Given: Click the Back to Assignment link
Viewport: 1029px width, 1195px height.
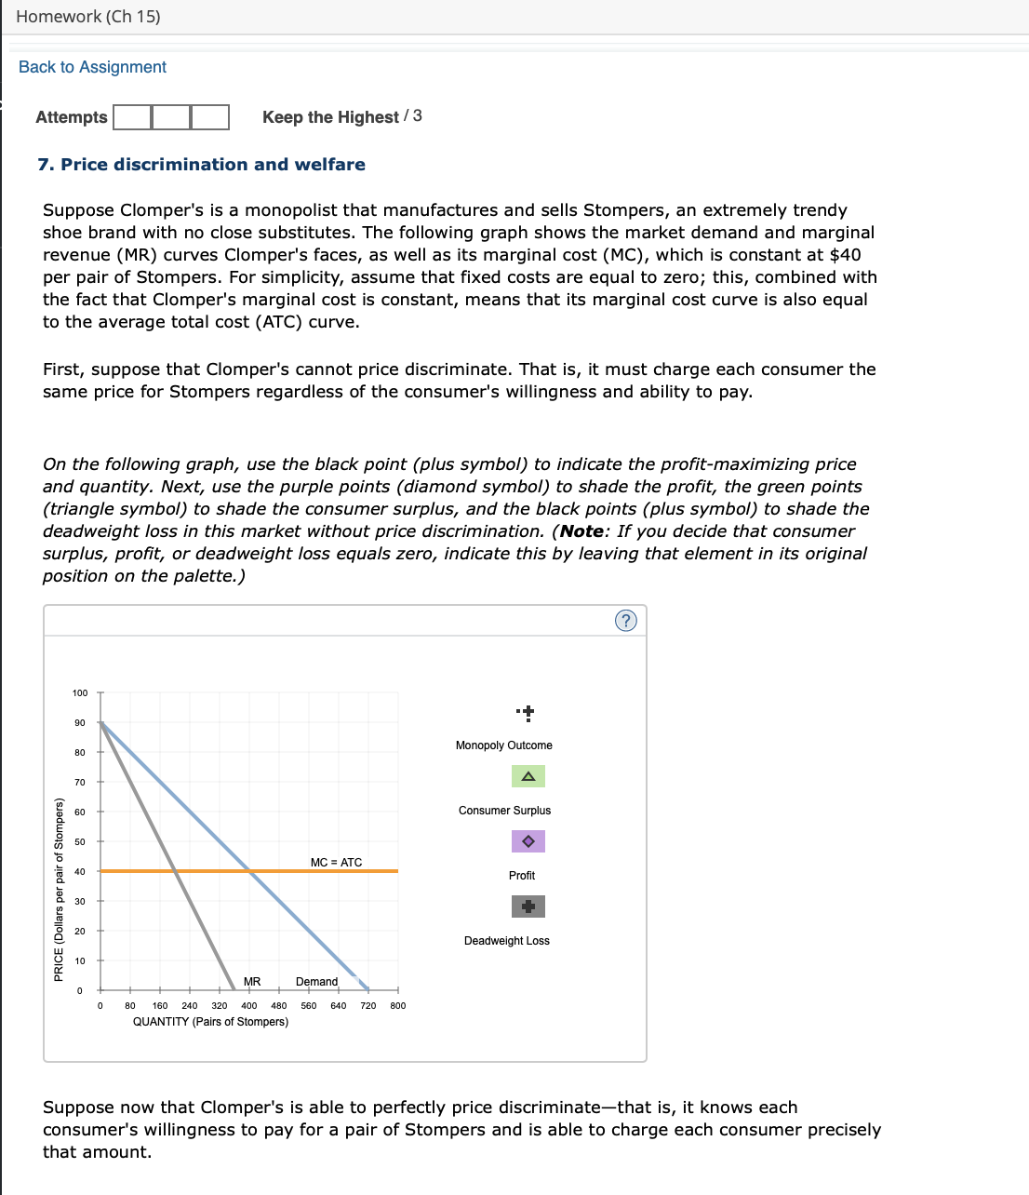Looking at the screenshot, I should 92,67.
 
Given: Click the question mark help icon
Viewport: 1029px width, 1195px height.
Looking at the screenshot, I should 626,621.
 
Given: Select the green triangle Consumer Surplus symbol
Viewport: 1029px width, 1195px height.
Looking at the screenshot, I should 528,776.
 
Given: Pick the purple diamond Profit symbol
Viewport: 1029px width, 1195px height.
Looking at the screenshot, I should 528,841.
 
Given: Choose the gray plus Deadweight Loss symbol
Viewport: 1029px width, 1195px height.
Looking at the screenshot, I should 528,906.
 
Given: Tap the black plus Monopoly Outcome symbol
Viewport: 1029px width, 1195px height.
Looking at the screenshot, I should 528,714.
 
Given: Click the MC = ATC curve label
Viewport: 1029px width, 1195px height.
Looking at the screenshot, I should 336,863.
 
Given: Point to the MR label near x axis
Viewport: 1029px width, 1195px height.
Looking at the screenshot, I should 252,982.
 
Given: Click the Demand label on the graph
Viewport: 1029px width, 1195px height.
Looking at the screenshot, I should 316,982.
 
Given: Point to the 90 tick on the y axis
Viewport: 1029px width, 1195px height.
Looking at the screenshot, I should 80,723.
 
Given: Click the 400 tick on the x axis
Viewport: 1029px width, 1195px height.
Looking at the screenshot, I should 249,1005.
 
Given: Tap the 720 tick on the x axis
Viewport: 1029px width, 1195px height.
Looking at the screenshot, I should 368,1005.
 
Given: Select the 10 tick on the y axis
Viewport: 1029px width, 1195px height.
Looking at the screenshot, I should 80,961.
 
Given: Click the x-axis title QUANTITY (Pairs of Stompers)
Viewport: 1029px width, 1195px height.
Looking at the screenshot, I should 210,1022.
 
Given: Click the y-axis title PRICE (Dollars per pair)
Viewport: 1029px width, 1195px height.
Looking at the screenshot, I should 59,889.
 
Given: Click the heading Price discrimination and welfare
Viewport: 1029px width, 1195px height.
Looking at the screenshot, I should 201,165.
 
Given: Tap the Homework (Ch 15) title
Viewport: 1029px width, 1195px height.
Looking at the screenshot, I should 88,17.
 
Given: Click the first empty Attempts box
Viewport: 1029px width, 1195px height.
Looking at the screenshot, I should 132,117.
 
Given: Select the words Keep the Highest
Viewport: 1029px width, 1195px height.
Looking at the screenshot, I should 330,117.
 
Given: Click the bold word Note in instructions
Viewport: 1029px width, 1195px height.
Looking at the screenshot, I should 581,531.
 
